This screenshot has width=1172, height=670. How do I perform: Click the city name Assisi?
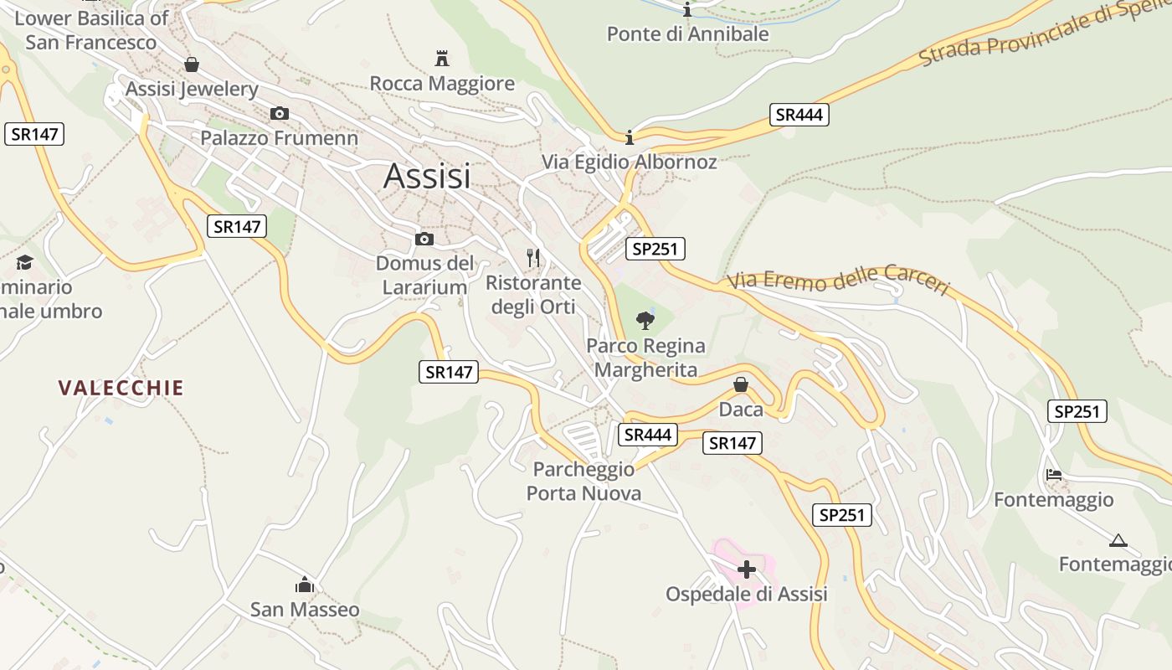pyautogui.click(x=427, y=177)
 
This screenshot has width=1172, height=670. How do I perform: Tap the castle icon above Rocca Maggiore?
pyautogui.click(x=442, y=59)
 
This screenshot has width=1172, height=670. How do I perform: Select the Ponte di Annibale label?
pyautogui.click(x=687, y=34)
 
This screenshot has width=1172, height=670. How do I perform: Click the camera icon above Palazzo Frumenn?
pyautogui.click(x=280, y=114)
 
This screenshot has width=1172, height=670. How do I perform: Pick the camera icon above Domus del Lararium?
pyautogui.click(x=424, y=240)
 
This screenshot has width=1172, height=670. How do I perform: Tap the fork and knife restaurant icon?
pyautogui.click(x=533, y=257)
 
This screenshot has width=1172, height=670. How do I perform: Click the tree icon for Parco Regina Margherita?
pyautogui.click(x=645, y=320)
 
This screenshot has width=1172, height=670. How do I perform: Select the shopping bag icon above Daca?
pyautogui.click(x=741, y=384)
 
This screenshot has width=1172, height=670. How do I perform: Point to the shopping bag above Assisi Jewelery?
pyautogui.click(x=192, y=64)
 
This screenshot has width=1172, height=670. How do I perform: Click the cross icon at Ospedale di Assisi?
pyautogui.click(x=746, y=570)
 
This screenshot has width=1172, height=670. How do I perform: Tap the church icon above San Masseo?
pyautogui.click(x=305, y=585)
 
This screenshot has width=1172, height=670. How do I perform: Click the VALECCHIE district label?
pyautogui.click(x=121, y=388)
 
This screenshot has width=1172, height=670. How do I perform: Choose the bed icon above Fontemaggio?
pyautogui.click(x=1054, y=475)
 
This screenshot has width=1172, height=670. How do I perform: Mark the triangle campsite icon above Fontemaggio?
pyautogui.click(x=1118, y=540)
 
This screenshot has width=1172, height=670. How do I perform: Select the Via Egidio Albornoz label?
pyautogui.click(x=630, y=162)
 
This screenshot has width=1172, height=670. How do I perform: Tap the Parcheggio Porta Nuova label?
pyautogui.click(x=583, y=482)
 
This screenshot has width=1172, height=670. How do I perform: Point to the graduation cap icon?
pyautogui.click(x=24, y=262)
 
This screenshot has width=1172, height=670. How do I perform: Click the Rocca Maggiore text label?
pyautogui.click(x=442, y=84)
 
